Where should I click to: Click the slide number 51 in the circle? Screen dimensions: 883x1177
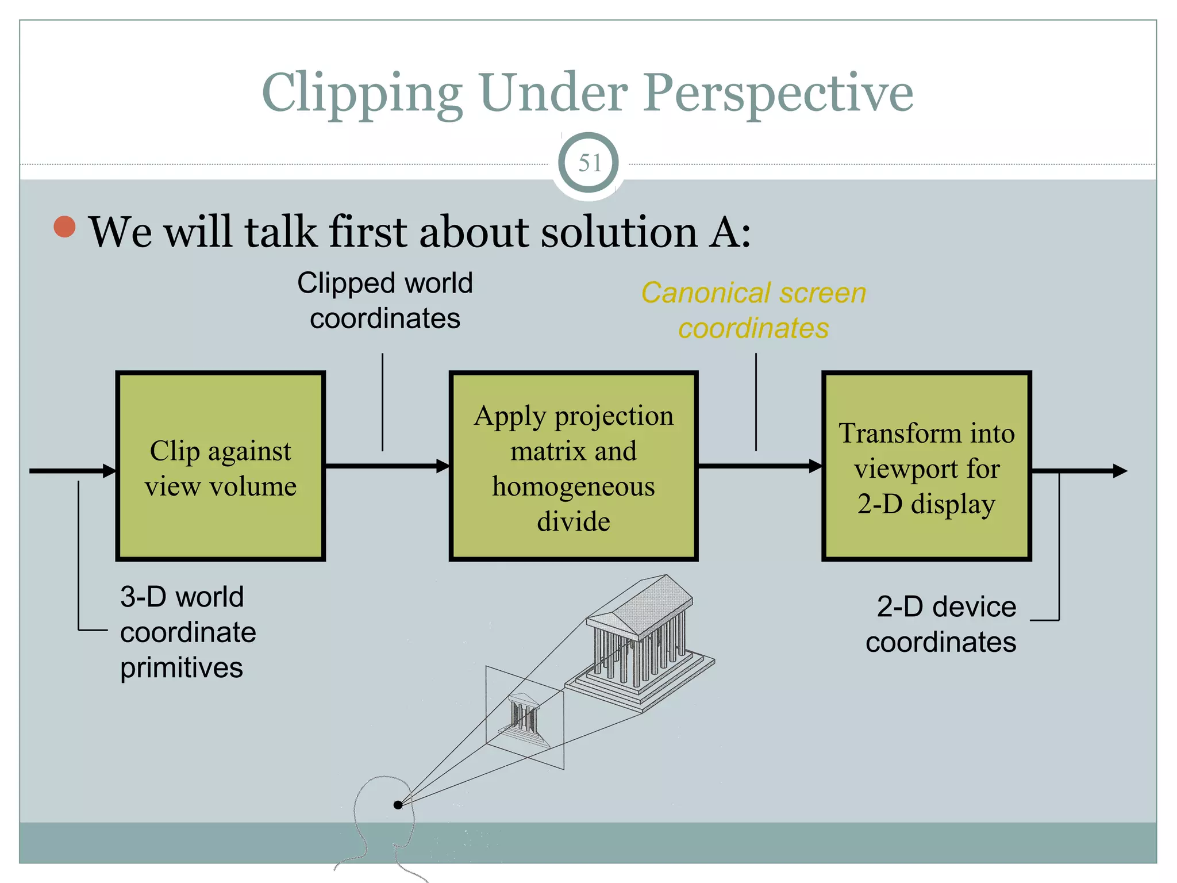tap(588, 163)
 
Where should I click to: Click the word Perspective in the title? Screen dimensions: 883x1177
tap(778, 93)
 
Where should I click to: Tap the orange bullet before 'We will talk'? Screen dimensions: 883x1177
tap(64, 226)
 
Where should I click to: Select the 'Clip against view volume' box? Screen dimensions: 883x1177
tap(221, 466)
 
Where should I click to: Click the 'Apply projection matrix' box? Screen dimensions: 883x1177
tap(573, 466)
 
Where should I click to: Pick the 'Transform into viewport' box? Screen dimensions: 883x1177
tap(926, 466)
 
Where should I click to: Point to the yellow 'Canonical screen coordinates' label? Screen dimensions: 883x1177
tap(753, 310)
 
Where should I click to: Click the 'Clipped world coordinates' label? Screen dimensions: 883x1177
tap(384, 301)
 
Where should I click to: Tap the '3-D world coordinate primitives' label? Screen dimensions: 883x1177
tap(187, 632)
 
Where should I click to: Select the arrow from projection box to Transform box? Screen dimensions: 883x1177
tap(759, 466)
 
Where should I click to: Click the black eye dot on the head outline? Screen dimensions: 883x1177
tap(398, 805)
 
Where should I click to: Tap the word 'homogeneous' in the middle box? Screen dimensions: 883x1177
tap(573, 487)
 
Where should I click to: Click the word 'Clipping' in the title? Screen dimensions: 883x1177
tap(362, 93)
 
